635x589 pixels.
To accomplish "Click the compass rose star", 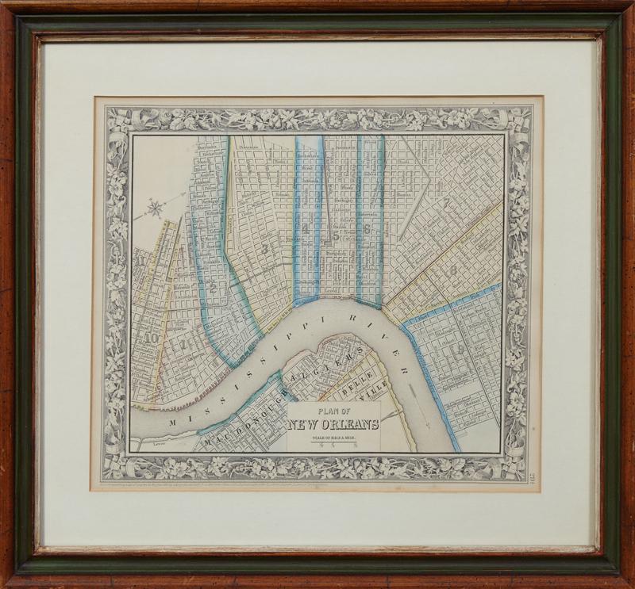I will pos(156,209).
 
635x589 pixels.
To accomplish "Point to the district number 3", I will pos(264,248).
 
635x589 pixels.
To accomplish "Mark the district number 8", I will pos(452,271).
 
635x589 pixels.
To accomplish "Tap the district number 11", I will pos(141,259).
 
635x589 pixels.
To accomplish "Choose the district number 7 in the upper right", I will pos(448,204).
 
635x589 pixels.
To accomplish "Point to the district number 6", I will pos(368,229).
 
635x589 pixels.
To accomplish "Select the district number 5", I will pos(337,235).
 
